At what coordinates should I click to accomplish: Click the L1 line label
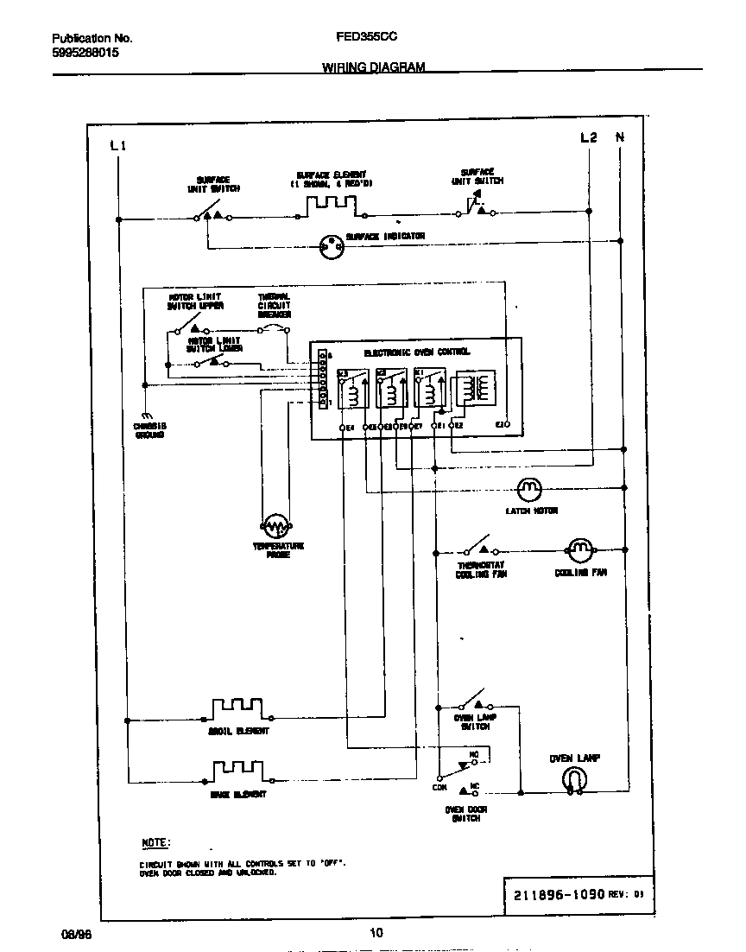[x=119, y=145]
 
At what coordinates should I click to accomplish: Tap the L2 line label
[x=588, y=137]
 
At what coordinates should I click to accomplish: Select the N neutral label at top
[x=619, y=137]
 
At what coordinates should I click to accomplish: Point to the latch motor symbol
[x=528, y=490]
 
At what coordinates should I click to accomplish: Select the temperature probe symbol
[x=275, y=525]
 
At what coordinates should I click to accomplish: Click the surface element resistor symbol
[x=330, y=205]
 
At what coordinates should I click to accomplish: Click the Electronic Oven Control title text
[x=416, y=352]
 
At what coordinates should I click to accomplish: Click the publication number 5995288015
[x=85, y=53]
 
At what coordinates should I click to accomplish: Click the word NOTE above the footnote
[x=156, y=842]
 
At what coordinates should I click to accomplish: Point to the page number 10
[x=376, y=932]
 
